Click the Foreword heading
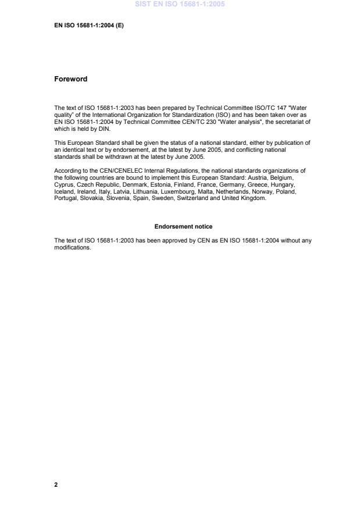click(x=70, y=79)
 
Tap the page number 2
click(x=56, y=484)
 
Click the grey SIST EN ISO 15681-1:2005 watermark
click(x=180, y=4)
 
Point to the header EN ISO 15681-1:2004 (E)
click(x=89, y=26)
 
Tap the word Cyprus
click(x=63, y=181)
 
